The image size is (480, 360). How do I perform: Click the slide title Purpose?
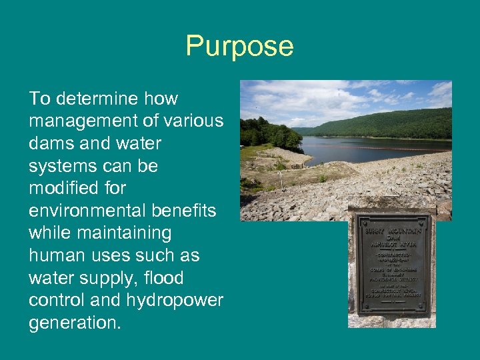coord(239,47)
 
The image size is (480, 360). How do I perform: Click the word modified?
coord(63,189)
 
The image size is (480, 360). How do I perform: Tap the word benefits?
coord(183,211)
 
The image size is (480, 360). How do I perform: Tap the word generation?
coord(75,323)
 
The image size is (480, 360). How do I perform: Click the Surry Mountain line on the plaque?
coord(392,230)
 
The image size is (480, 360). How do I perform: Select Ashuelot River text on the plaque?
coord(392,244)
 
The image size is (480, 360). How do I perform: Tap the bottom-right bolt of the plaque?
coord(424,308)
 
